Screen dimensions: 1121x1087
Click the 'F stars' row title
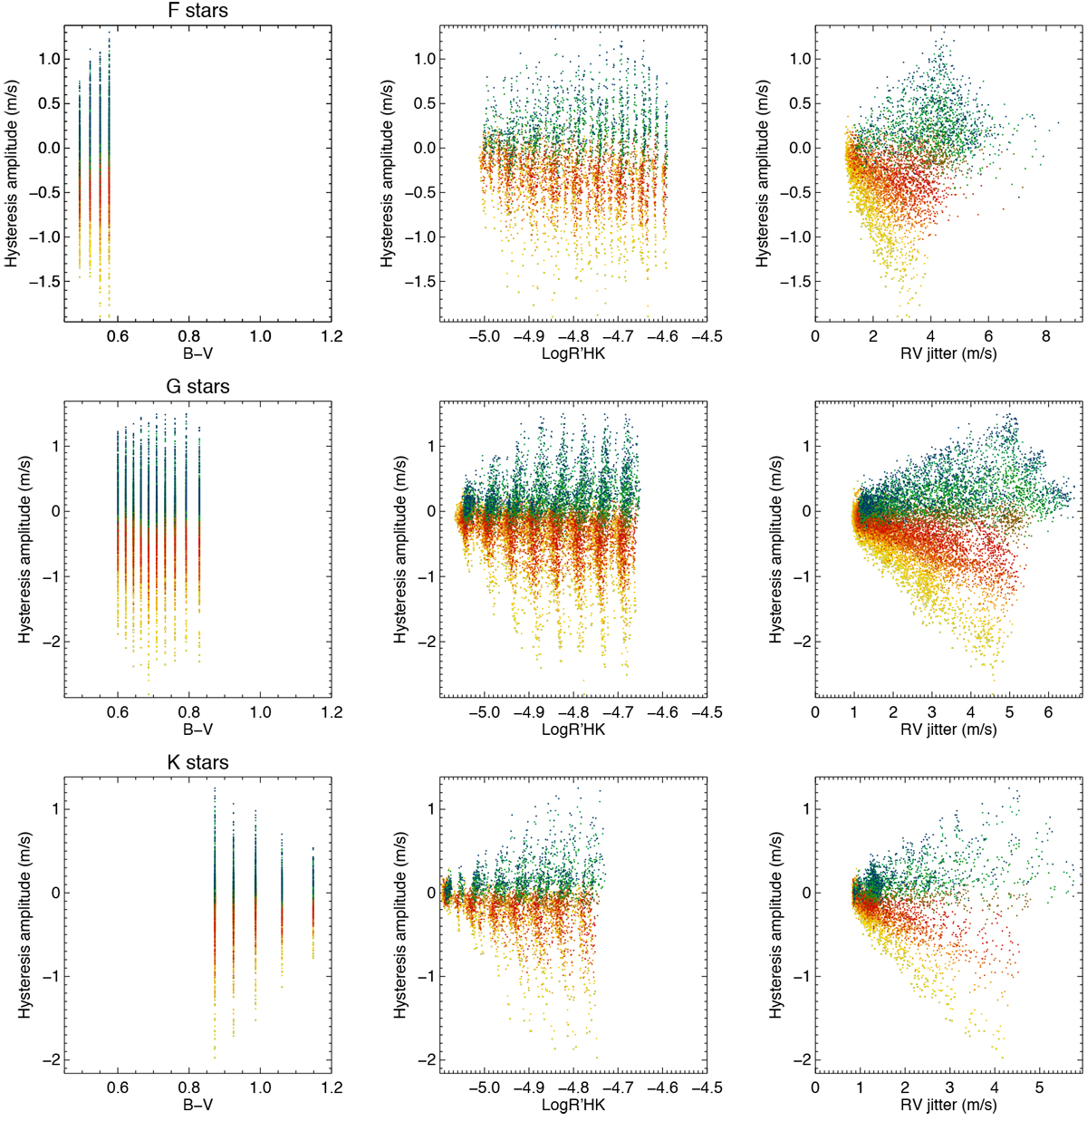coord(198,11)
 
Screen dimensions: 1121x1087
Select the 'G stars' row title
coord(198,387)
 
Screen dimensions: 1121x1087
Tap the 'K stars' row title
coord(198,763)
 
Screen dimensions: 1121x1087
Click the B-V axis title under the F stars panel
coord(198,353)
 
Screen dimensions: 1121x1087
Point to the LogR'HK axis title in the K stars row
coord(573,1105)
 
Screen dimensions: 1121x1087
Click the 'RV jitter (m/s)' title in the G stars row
coord(948,729)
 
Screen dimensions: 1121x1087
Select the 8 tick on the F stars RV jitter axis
coord(1046,336)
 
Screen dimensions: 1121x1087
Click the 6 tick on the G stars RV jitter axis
coord(1048,712)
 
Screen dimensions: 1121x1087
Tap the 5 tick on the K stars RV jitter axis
coord(1039,1087)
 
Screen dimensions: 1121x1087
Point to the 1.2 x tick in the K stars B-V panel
coord(332,1087)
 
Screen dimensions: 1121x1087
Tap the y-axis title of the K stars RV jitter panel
coord(776,933)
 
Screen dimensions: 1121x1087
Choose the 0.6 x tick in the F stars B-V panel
coord(118,336)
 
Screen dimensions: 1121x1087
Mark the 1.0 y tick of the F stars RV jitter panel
coord(799,59)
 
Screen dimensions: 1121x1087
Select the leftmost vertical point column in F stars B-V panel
coord(80,172)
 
